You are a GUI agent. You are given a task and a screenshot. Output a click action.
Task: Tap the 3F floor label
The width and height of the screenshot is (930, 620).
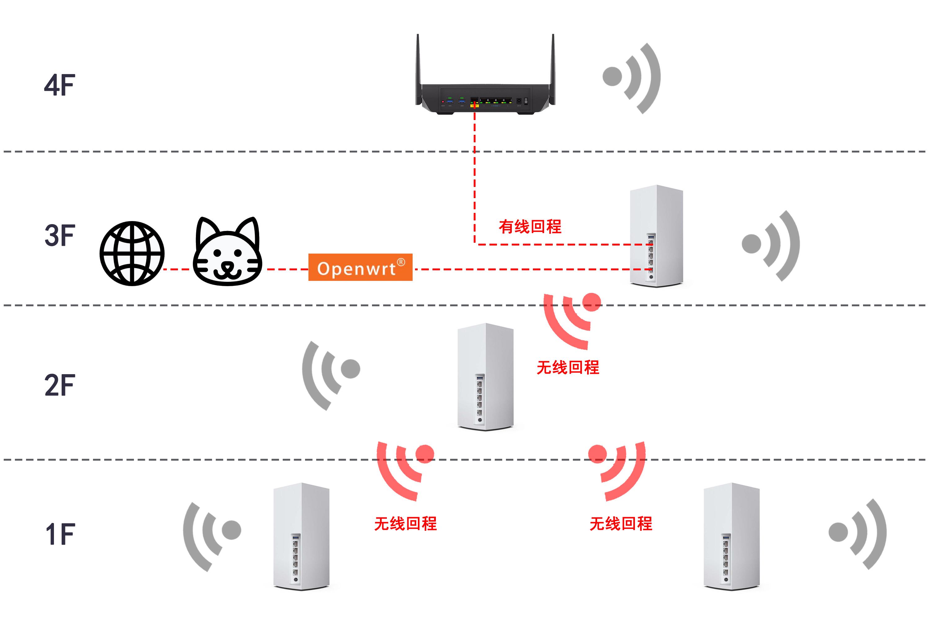click(59, 235)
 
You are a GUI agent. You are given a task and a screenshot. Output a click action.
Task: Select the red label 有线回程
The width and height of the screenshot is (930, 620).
click(530, 227)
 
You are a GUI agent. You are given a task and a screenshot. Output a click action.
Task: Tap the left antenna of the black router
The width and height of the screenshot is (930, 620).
click(418, 63)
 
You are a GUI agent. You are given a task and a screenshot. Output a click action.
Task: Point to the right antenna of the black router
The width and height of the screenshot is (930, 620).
click(553, 63)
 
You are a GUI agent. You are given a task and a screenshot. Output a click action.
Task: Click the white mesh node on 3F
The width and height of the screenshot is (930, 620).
click(656, 236)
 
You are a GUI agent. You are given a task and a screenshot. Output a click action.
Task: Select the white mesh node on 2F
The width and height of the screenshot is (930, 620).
click(485, 376)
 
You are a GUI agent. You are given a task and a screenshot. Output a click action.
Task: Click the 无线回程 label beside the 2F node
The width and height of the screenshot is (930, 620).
click(568, 368)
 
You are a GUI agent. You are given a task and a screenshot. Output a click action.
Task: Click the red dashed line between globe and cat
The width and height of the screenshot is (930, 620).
click(176, 270)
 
